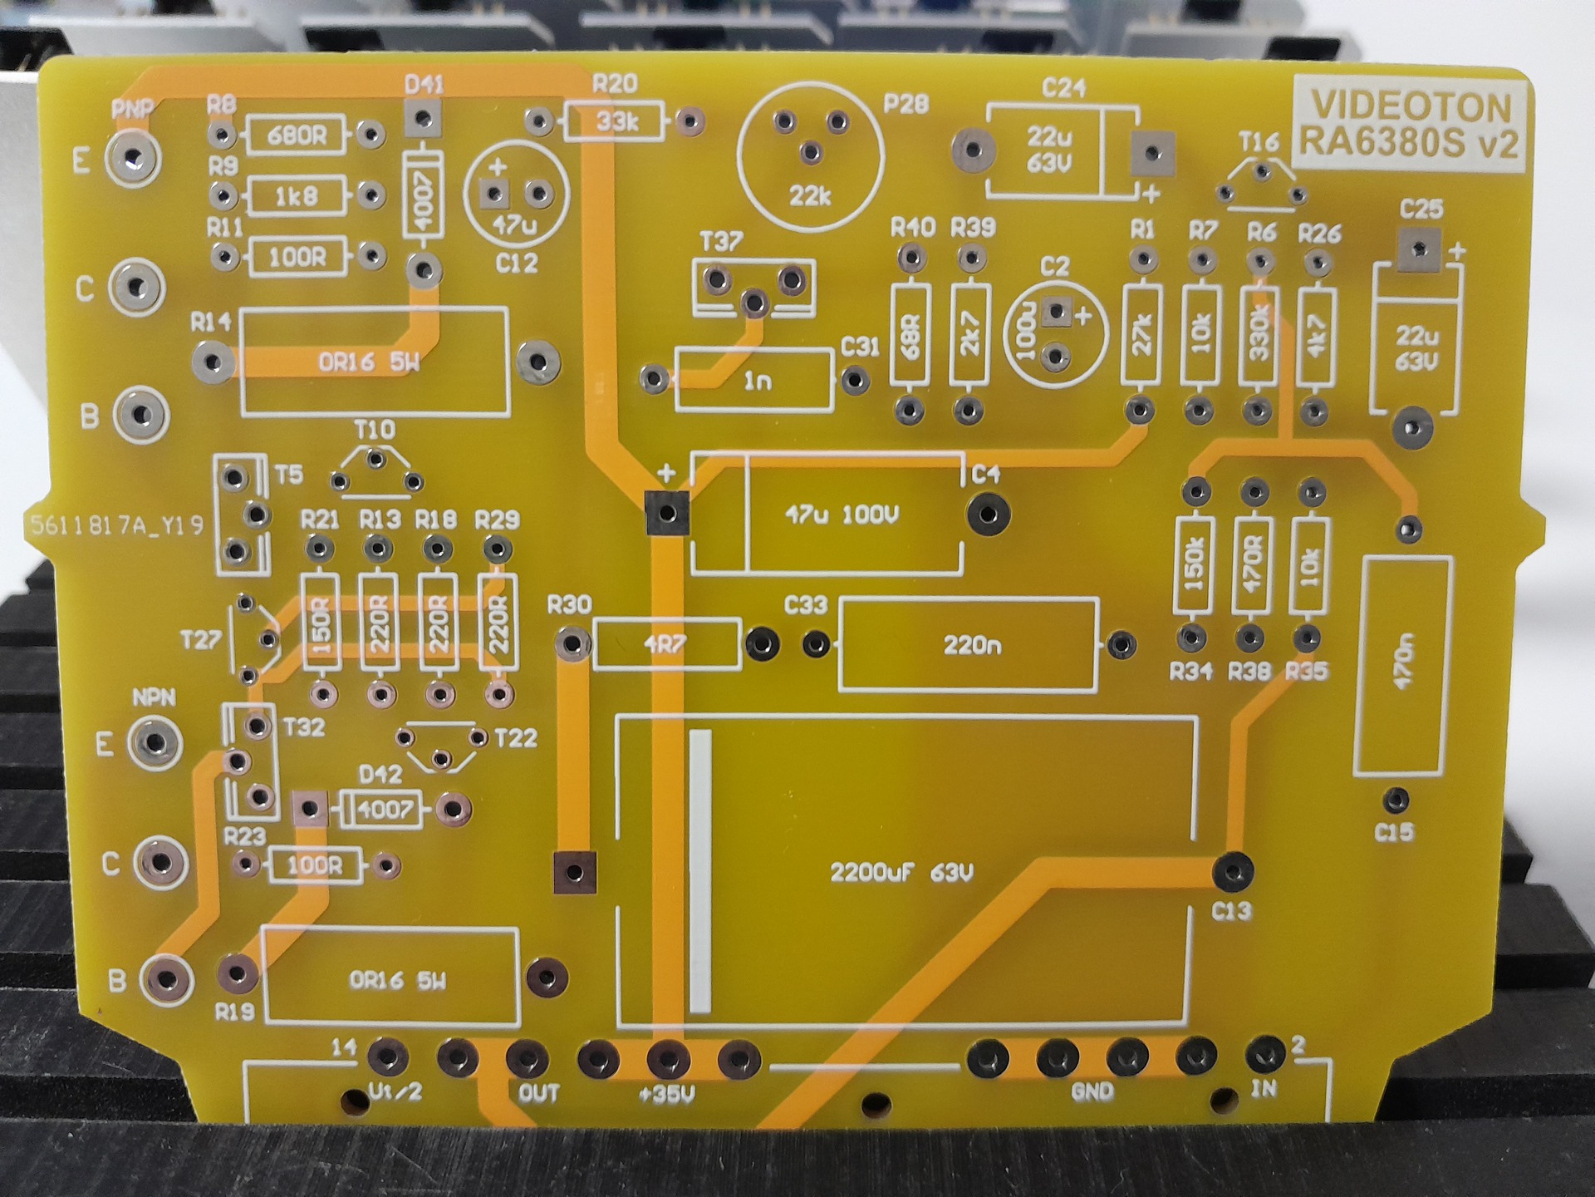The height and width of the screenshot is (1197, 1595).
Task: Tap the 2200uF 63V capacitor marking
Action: click(901, 873)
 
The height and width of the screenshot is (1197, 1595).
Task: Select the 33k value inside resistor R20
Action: click(616, 122)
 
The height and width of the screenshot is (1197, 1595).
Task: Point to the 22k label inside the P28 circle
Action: click(810, 196)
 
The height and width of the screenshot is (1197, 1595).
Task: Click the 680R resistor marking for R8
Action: click(297, 135)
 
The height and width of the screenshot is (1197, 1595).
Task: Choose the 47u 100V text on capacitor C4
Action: click(842, 515)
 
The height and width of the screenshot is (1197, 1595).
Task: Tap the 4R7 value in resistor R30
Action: click(665, 644)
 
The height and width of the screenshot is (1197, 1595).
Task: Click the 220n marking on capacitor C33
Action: click(972, 645)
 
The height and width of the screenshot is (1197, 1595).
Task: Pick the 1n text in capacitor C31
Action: click(757, 381)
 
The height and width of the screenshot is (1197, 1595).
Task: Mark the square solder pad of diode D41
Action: click(423, 118)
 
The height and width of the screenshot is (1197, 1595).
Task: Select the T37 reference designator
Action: click(721, 242)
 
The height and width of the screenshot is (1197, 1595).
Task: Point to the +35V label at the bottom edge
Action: click(666, 1095)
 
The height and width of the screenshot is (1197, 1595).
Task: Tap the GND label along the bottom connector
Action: click(1092, 1091)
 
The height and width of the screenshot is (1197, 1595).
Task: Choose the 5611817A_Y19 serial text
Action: click(116, 525)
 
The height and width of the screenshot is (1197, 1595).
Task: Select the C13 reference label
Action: click(1231, 912)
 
